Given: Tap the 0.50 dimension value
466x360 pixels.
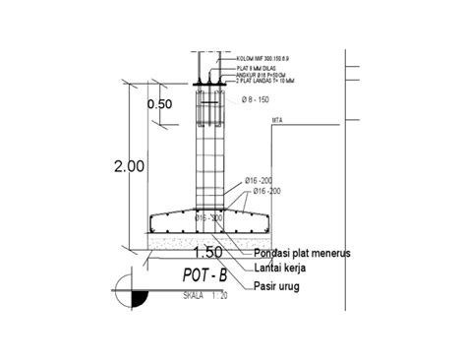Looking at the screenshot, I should (159, 103).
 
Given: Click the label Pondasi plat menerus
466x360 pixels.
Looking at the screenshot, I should (302, 253).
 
